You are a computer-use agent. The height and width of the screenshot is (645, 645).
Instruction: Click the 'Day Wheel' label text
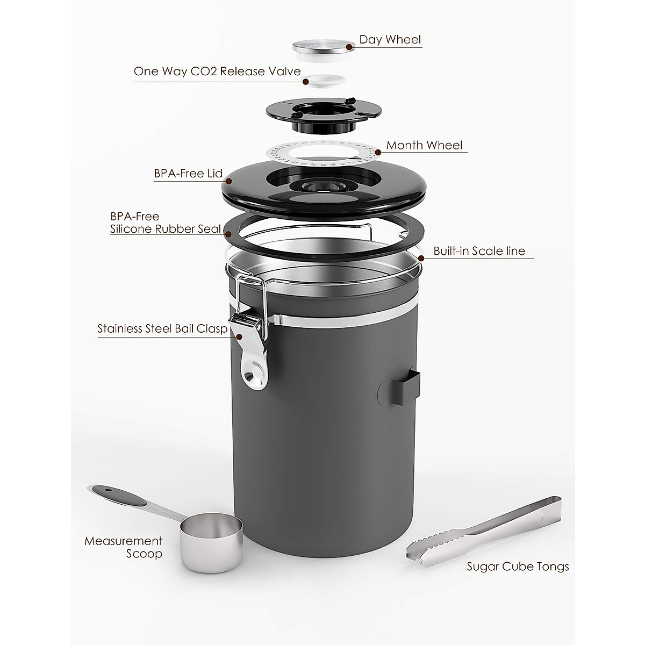390,40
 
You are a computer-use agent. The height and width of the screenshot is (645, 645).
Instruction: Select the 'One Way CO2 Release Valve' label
217,72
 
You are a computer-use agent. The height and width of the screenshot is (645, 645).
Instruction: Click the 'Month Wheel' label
424,145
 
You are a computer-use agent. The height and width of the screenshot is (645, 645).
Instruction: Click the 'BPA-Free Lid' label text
187,174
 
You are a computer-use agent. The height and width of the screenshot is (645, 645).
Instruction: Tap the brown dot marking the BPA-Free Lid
227,181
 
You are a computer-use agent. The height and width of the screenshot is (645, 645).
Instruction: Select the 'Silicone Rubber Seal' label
166,229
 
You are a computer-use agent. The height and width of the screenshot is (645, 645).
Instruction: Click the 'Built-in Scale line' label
479,251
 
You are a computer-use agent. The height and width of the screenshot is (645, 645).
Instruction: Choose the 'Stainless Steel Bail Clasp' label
162,329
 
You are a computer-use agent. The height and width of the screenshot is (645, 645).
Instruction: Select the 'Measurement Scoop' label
123,547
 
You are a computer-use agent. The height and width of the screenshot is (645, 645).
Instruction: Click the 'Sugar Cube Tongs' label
517,567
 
